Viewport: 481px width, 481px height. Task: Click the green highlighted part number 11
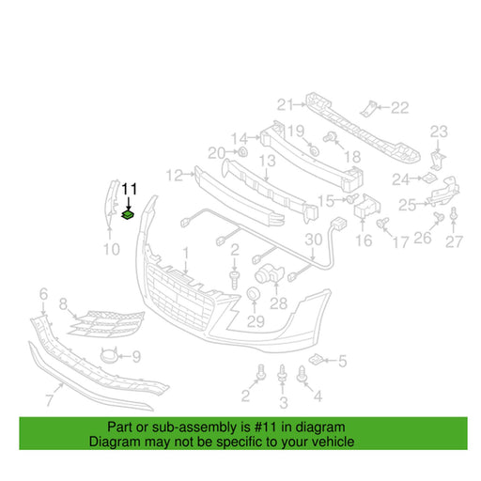click(x=128, y=215)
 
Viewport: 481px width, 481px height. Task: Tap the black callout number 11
click(x=130, y=189)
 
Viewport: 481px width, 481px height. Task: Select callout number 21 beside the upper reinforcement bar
click(x=286, y=105)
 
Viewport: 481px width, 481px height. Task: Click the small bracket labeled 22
click(x=368, y=109)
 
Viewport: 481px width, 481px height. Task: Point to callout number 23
click(x=439, y=132)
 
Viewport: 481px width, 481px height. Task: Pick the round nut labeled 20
click(x=242, y=152)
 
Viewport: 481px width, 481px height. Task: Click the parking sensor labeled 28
click(x=269, y=274)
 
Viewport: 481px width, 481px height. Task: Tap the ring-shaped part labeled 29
click(x=253, y=294)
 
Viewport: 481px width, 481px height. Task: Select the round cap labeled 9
click(x=109, y=356)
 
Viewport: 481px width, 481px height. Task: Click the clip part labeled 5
click(x=317, y=360)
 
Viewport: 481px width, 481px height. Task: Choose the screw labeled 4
click(x=302, y=374)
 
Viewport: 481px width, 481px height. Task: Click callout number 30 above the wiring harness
click(x=314, y=240)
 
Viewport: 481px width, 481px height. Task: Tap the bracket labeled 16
click(x=367, y=207)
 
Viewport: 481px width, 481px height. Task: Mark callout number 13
click(x=268, y=161)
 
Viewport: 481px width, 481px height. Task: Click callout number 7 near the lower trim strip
click(x=50, y=400)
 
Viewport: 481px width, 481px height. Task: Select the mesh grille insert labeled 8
click(x=107, y=324)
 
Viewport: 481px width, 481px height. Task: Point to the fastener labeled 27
click(x=454, y=215)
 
